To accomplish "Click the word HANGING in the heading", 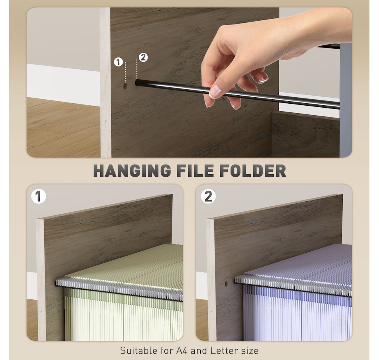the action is tap(132, 171).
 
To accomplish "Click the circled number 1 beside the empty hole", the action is tap(118, 62).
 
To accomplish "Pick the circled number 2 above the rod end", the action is tap(143, 57).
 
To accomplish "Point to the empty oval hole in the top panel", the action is tap(125, 86).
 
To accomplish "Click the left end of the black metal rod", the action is tap(137, 83).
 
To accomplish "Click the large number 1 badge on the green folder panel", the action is tap(39, 196).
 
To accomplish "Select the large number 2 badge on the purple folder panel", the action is tap(208, 196).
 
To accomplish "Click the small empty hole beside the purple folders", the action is tap(226, 283).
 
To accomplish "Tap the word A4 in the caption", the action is tap(182, 350).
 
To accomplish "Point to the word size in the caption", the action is tap(250, 350).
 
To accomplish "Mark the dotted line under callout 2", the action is tap(137, 69).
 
